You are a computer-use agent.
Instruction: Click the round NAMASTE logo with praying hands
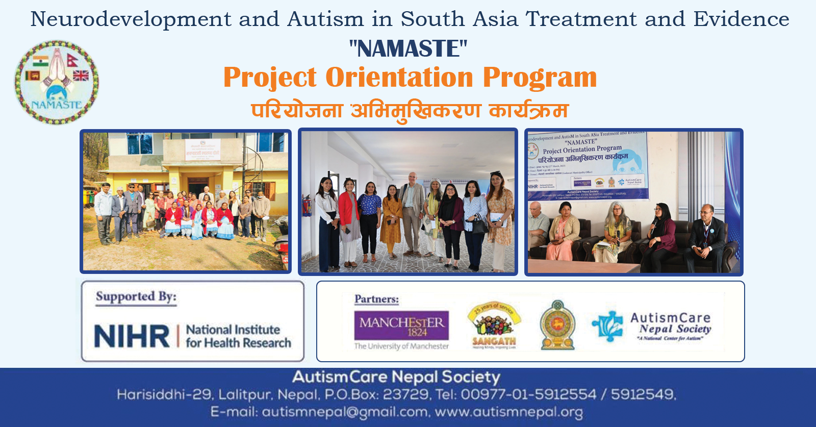(57, 82)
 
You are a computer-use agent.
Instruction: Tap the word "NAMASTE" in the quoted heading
(408, 49)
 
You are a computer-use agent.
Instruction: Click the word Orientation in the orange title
(399, 78)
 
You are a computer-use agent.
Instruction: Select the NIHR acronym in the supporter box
(132, 336)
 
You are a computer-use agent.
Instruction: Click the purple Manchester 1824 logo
(401, 325)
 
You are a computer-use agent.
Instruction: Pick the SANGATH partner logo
(494, 325)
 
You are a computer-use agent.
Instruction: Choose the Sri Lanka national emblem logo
(557, 325)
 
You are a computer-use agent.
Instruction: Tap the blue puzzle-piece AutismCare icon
(607, 326)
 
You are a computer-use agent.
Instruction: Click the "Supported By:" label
(136, 297)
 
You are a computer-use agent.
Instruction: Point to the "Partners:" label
(376, 299)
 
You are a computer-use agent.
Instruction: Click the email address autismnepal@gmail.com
(345, 412)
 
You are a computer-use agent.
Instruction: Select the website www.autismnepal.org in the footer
(508, 412)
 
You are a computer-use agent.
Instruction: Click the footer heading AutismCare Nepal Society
(396, 377)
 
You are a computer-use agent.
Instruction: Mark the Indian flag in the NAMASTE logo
(41, 61)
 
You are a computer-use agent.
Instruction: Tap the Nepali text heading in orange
(409, 111)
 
